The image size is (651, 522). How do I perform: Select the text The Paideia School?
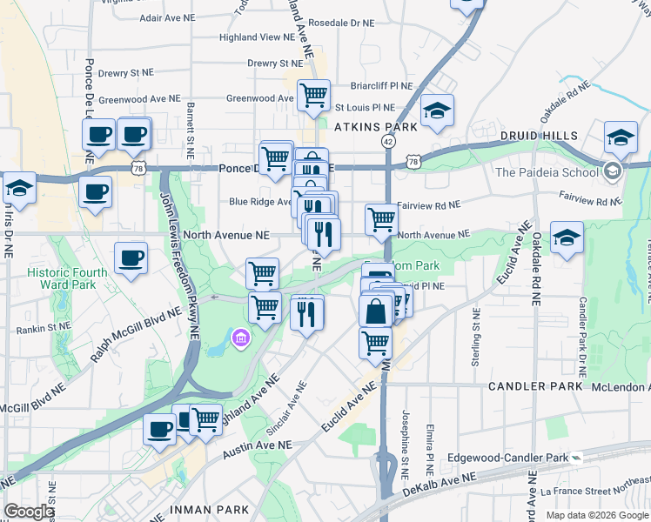click(x=547, y=172)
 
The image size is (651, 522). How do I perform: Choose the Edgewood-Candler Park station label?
click(x=507, y=458)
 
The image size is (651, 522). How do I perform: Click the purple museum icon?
click(x=241, y=338)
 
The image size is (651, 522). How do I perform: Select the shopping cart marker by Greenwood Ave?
click(x=313, y=96)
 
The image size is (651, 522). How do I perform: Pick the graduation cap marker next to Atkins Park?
click(x=438, y=110)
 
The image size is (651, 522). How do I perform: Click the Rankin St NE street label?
click(x=44, y=330)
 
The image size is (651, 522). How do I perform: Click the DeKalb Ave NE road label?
click(x=440, y=485)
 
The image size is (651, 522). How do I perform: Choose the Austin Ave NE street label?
click(x=256, y=449)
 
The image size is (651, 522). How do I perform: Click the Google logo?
click(x=30, y=512)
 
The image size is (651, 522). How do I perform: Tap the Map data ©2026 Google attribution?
click(x=596, y=515)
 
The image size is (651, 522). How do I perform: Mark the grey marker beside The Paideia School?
click(x=614, y=171)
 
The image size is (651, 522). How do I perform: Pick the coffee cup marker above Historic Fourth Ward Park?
click(x=131, y=258)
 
